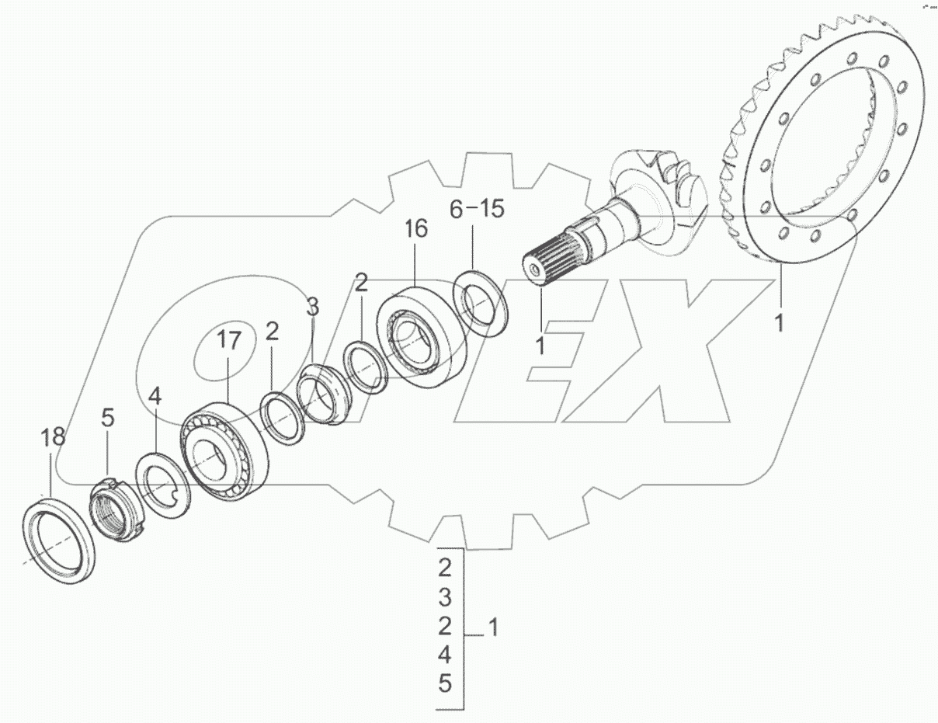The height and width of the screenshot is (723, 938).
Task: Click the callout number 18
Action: click(x=53, y=436)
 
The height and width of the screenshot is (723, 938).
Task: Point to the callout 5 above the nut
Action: click(x=107, y=418)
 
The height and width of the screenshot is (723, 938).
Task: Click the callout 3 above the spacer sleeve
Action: click(x=311, y=308)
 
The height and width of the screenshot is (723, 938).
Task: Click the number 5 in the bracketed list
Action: click(x=444, y=684)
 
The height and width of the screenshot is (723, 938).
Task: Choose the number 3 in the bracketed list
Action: click(x=444, y=597)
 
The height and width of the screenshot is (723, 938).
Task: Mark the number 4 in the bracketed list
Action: click(x=444, y=655)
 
